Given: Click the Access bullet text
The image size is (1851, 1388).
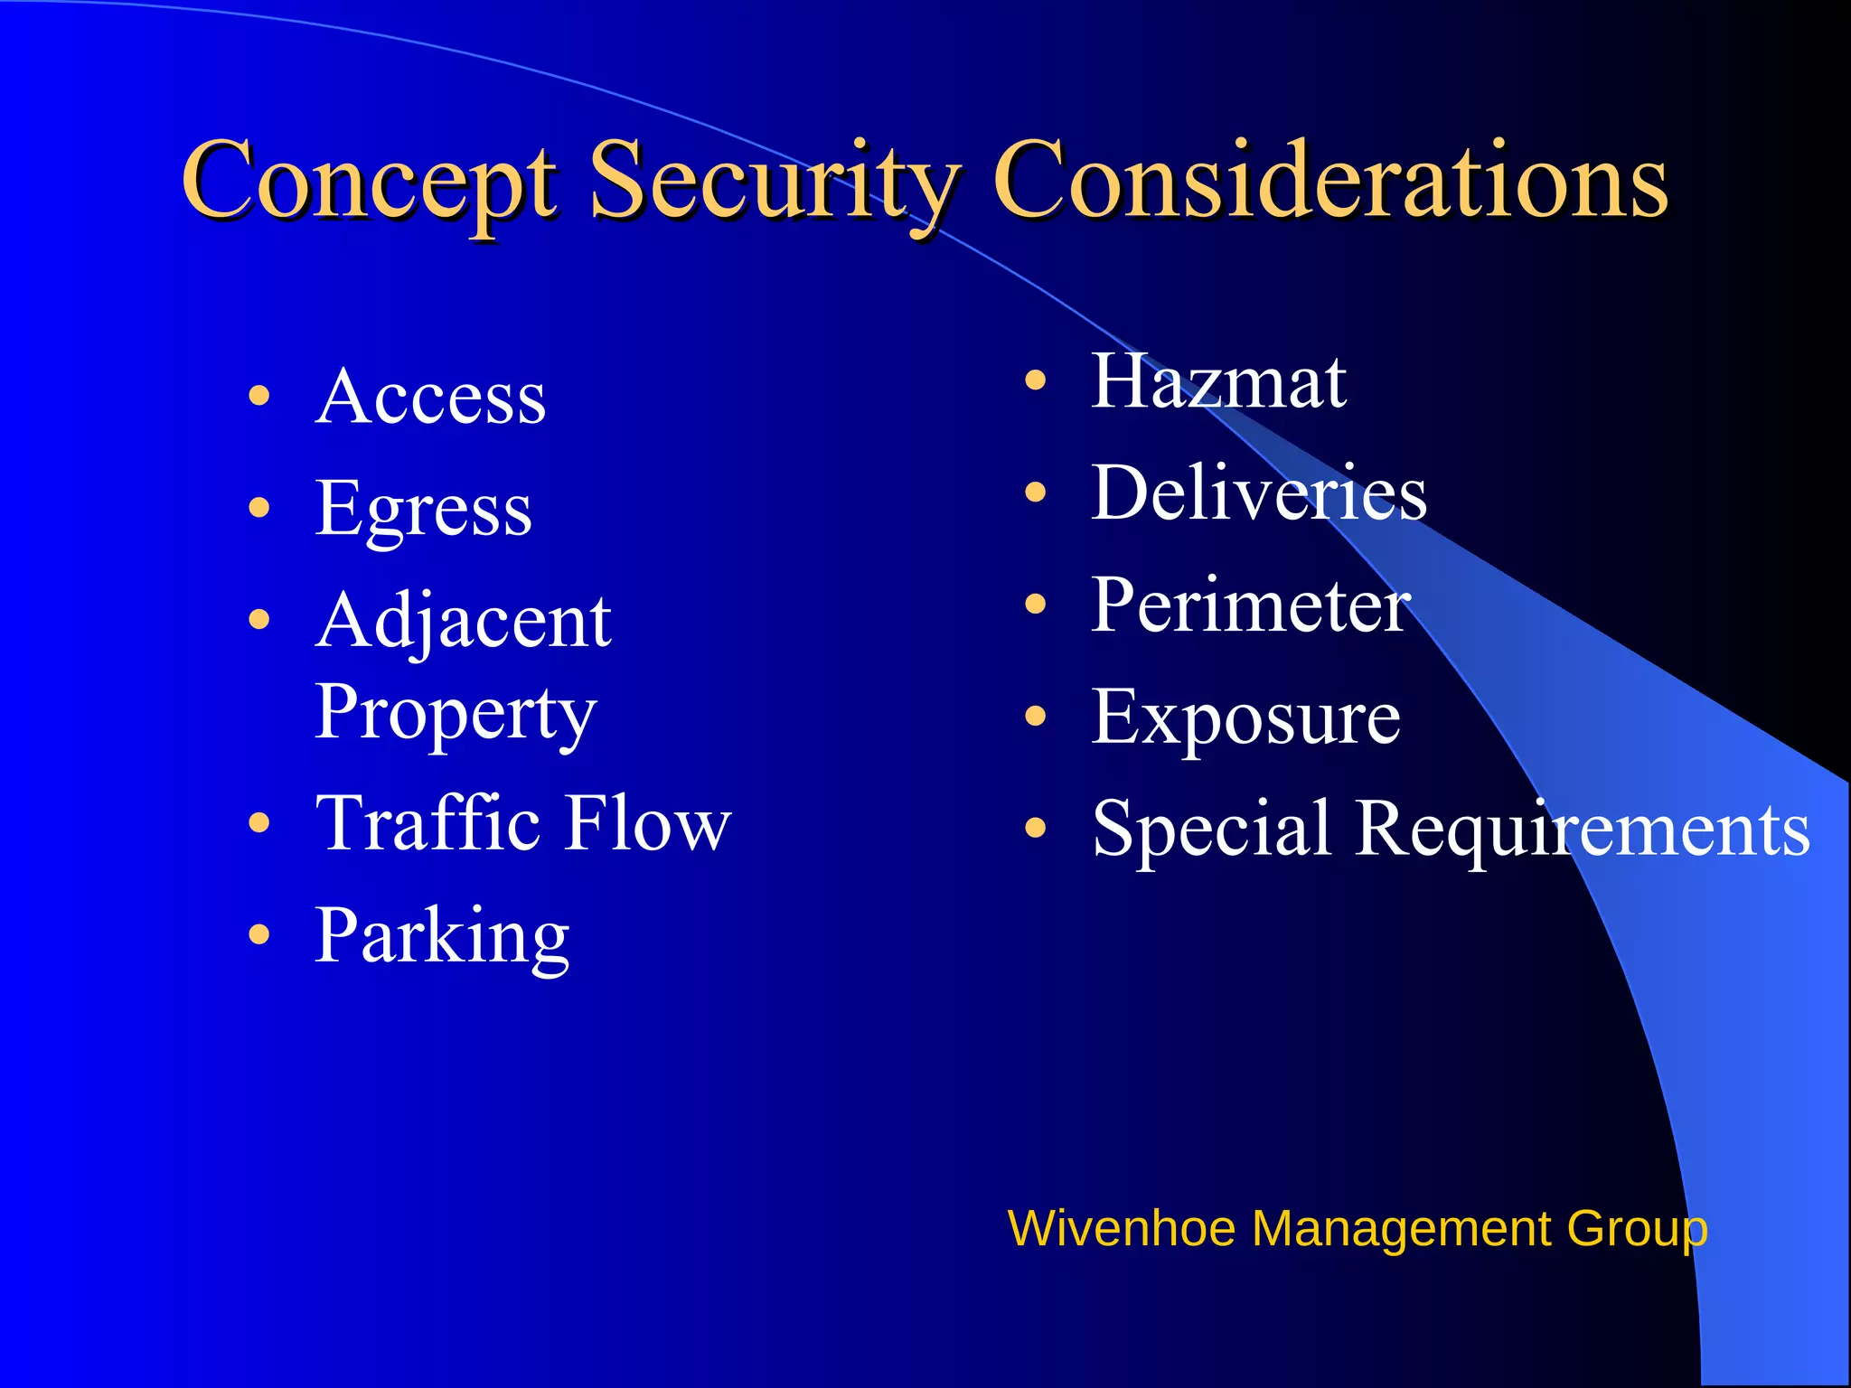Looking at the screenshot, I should pyautogui.click(x=431, y=397).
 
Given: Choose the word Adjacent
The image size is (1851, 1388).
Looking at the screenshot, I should pyautogui.click(x=463, y=622).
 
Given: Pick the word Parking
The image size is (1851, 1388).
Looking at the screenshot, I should pyautogui.click(x=442, y=936).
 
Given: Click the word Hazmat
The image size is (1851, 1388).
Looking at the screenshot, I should pyautogui.click(x=1218, y=381).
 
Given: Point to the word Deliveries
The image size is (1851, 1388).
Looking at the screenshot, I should pyautogui.click(x=1259, y=493).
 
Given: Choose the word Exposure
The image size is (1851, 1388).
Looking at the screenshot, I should pyautogui.click(x=1245, y=717).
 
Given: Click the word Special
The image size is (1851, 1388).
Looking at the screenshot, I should pyautogui.click(x=1211, y=829).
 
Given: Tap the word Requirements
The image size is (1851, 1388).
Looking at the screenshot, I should pyautogui.click(x=1583, y=829).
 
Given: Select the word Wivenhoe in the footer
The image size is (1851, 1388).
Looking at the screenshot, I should pyautogui.click(x=1121, y=1229).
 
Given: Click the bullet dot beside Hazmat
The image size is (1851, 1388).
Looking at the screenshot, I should pyautogui.click(x=1036, y=380).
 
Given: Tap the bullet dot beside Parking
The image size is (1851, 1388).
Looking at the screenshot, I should pyautogui.click(x=259, y=933).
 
